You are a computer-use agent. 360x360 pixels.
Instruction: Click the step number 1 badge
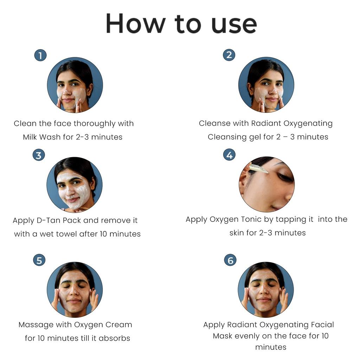click(x=40, y=55)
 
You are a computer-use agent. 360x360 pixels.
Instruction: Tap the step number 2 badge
click(x=229, y=55)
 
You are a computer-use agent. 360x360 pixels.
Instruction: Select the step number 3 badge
click(x=39, y=155)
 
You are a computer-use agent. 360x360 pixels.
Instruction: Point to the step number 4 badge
click(x=229, y=155)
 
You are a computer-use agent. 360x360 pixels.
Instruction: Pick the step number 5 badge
click(x=39, y=260)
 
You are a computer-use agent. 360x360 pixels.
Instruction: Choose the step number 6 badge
click(x=230, y=260)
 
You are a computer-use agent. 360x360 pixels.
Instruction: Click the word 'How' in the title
click(x=135, y=24)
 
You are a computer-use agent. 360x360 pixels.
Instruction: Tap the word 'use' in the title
click(x=234, y=25)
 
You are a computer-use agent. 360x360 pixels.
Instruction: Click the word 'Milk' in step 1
click(x=30, y=137)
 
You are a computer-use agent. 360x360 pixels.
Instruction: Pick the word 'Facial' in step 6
click(x=322, y=324)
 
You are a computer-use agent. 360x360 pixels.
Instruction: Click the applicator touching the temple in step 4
click(x=259, y=168)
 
